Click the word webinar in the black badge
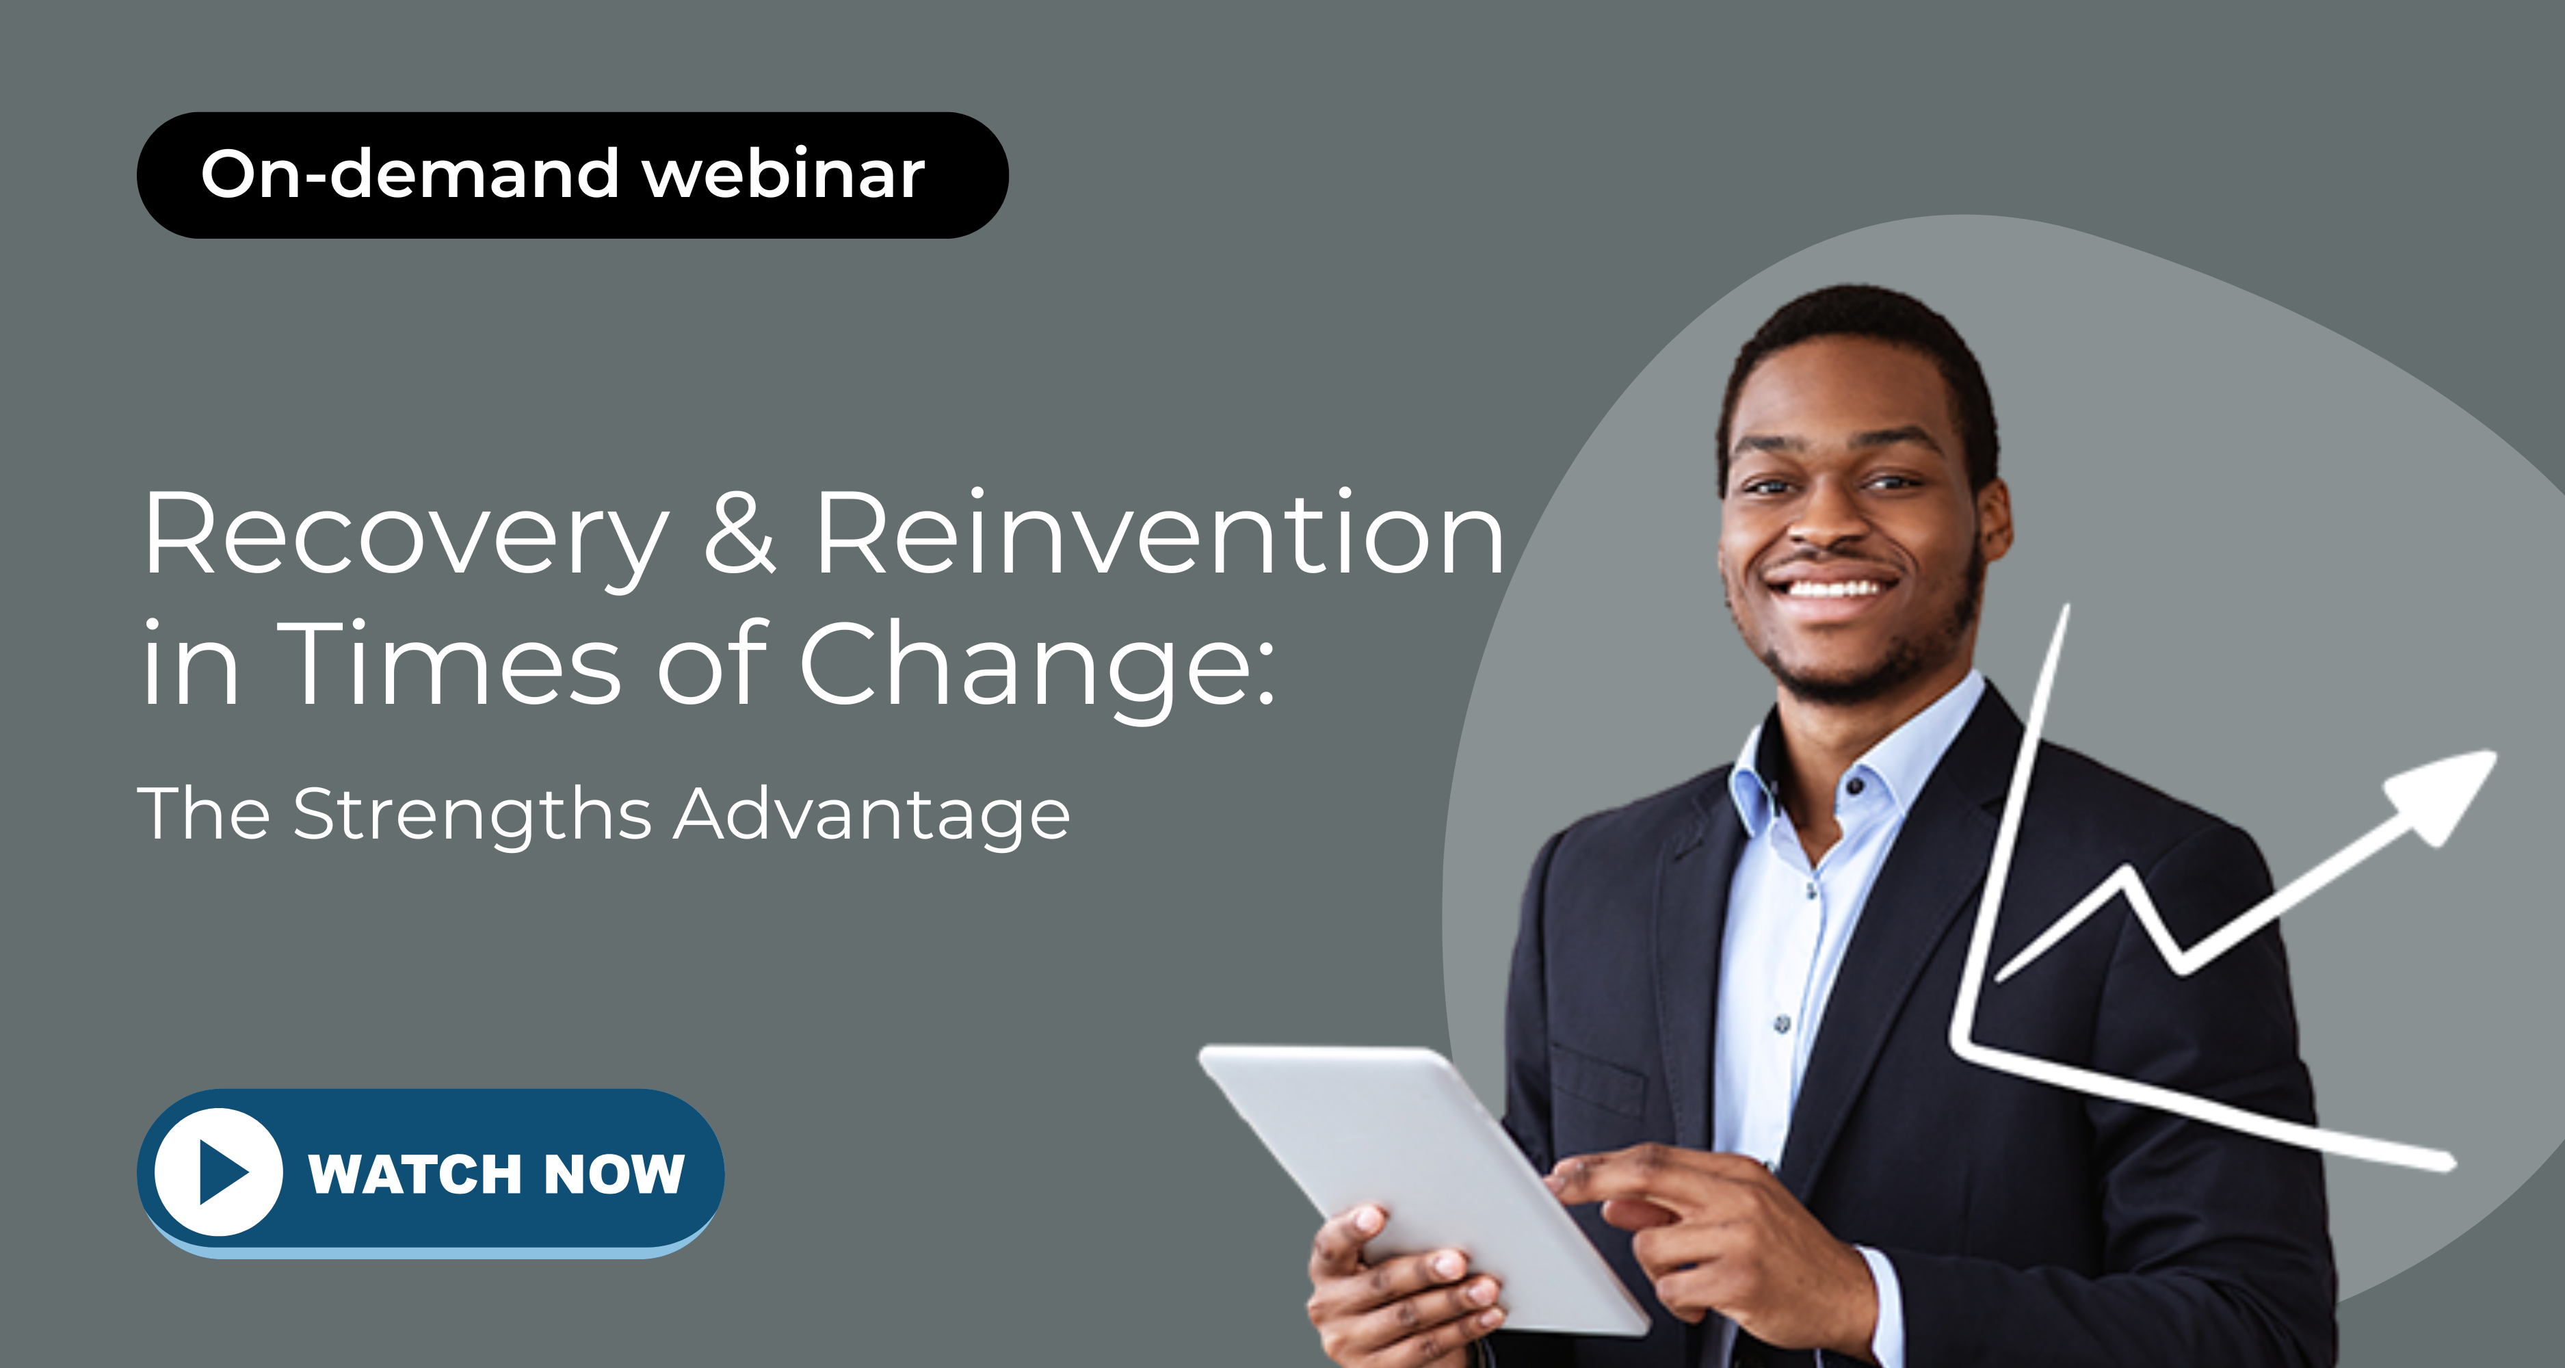784,174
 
